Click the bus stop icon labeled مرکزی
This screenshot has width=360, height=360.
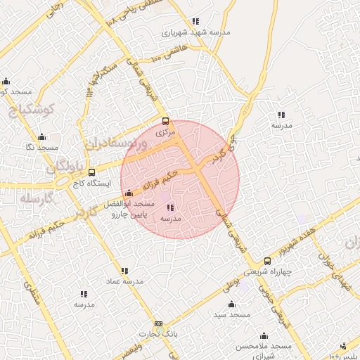pyautogui.click(x=165, y=121)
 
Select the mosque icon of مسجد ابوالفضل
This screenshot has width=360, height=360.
pyautogui.click(x=128, y=193)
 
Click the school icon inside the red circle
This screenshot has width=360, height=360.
pyautogui.click(x=171, y=207)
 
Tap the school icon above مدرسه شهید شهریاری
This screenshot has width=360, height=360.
pyautogui.click(x=195, y=21)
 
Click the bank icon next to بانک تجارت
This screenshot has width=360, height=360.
pyautogui.click(x=158, y=324)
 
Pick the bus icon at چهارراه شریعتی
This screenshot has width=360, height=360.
pyautogui.click(x=266, y=261)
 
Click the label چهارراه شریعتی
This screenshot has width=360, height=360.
pyautogui.click(x=268, y=271)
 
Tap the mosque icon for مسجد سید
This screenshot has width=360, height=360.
pyautogui.click(x=232, y=304)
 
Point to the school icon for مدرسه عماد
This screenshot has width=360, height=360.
pyautogui.click(x=124, y=271)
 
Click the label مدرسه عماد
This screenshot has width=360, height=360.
pyautogui.click(x=125, y=281)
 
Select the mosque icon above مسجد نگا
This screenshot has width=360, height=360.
pyautogui.click(x=41, y=137)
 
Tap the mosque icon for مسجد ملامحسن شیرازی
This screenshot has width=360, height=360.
pyautogui.click(x=264, y=336)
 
